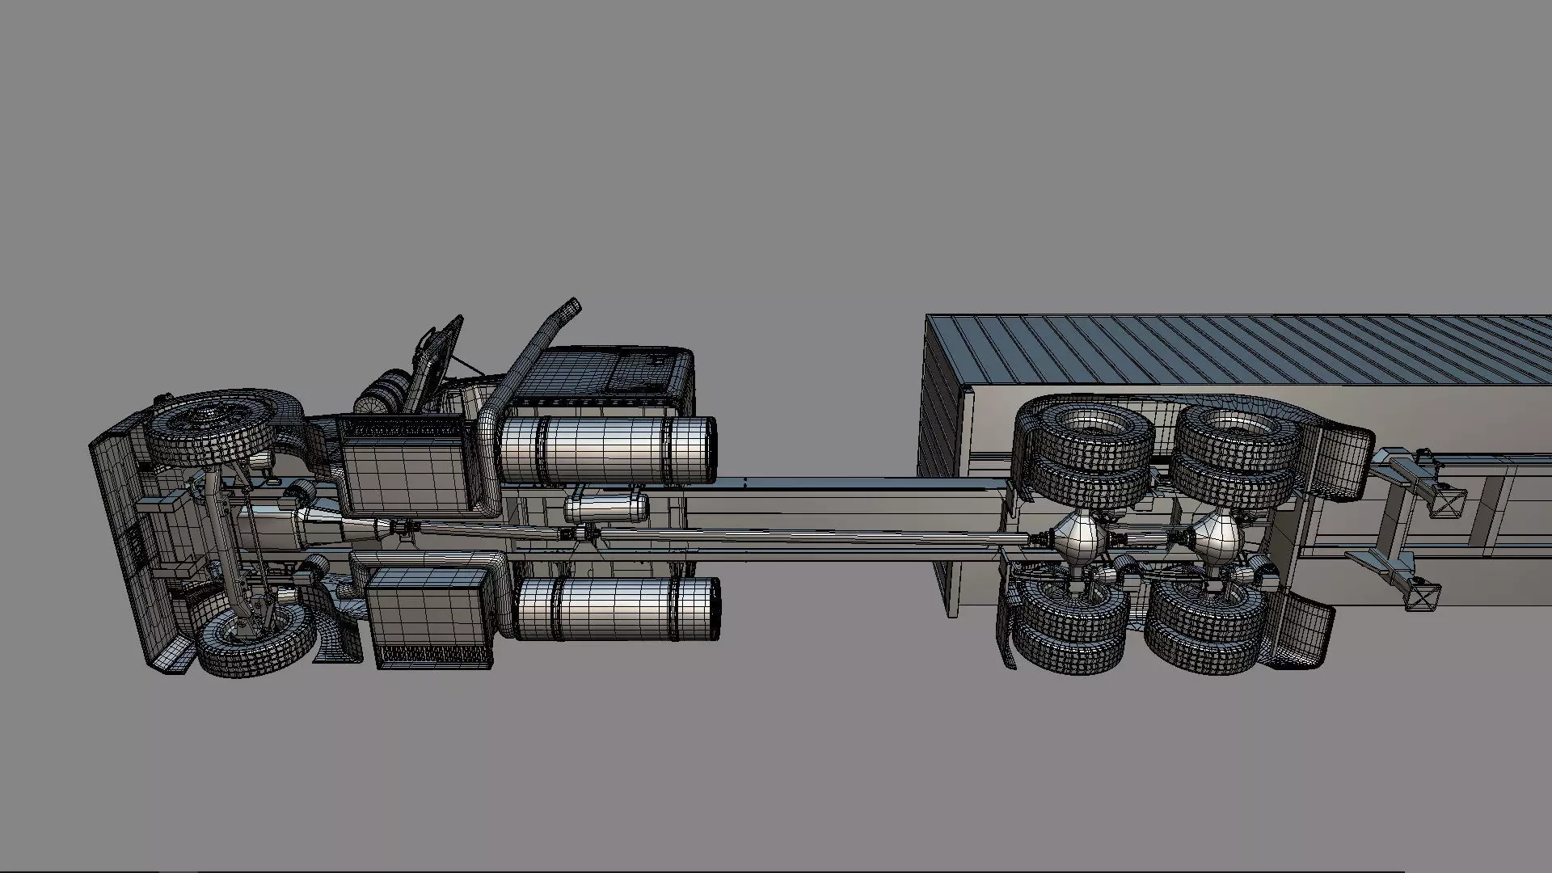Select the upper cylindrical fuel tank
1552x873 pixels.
(x=606, y=450)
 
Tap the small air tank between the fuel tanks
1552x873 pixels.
(x=606, y=508)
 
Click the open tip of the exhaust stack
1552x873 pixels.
(x=572, y=306)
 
